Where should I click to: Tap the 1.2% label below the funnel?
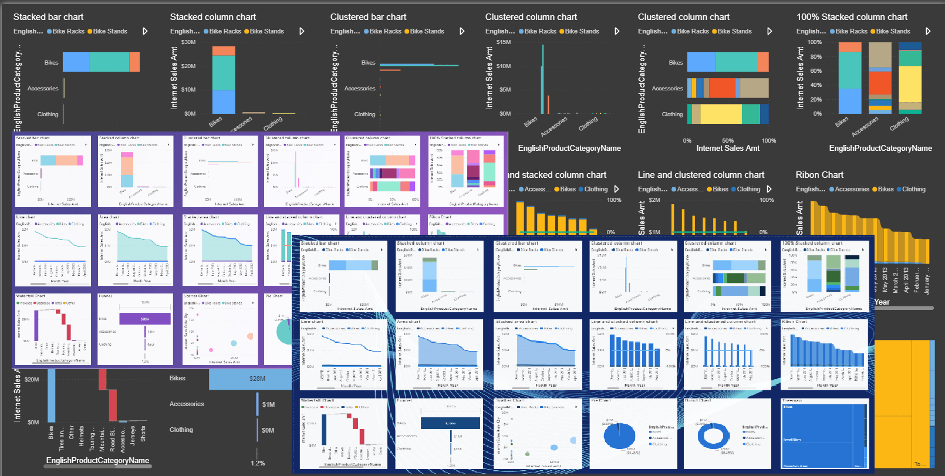(x=258, y=463)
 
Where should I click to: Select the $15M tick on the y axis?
(x=504, y=42)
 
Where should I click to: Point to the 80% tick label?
(x=816, y=57)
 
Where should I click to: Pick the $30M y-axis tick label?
(x=188, y=42)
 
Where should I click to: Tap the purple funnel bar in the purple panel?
(x=145, y=319)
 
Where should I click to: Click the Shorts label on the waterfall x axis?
(x=143, y=434)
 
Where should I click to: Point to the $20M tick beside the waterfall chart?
(x=32, y=380)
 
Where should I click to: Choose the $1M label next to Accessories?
(x=268, y=404)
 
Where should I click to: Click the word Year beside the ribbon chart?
(x=882, y=302)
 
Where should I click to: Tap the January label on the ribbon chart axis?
(x=927, y=284)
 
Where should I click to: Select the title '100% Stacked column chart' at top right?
(x=852, y=17)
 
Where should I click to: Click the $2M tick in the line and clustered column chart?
(x=654, y=200)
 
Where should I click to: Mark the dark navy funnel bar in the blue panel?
(x=450, y=423)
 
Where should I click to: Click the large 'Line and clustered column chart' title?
(x=701, y=175)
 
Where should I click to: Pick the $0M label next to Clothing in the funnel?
(x=268, y=430)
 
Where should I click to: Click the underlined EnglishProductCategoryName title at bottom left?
(x=97, y=461)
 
